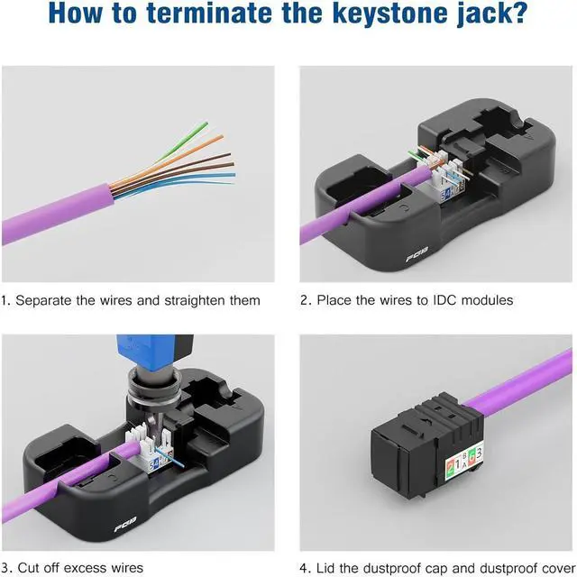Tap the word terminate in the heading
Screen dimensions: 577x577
coord(191,15)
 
